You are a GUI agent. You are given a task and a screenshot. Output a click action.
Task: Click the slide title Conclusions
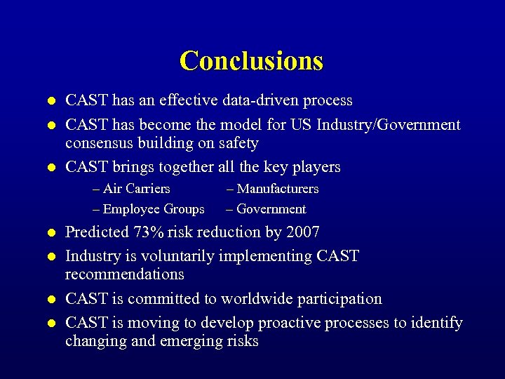tap(251, 60)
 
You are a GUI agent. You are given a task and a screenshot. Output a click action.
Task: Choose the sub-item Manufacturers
tap(272, 189)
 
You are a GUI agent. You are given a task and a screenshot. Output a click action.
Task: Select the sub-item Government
tap(266, 209)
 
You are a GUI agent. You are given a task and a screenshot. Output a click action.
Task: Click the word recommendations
tap(125, 274)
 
